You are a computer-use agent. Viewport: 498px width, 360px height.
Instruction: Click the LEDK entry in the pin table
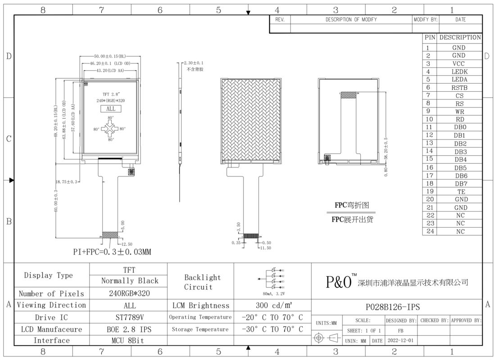(459, 72)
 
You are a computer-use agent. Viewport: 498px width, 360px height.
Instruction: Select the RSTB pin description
(459, 88)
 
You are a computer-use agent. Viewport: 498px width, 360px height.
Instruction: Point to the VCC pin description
(459, 63)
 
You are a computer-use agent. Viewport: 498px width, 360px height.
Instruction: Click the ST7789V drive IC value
(129, 317)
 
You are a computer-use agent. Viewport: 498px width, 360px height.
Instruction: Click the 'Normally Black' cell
(130, 281)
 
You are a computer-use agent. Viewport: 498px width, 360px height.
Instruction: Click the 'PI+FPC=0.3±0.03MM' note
(112, 252)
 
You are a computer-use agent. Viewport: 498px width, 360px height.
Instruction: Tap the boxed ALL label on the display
(111, 108)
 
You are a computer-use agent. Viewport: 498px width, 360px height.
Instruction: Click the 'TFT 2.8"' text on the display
(110, 94)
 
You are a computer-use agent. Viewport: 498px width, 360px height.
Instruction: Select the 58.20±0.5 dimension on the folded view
(386, 150)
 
